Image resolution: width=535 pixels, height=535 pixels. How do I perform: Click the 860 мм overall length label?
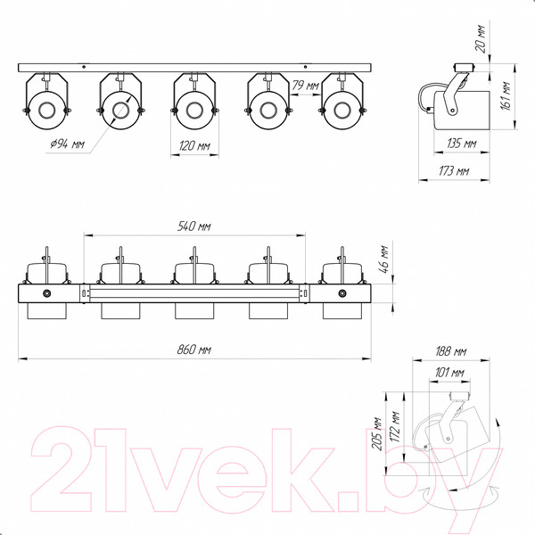(194, 350)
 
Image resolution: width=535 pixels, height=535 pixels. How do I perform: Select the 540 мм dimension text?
(194, 226)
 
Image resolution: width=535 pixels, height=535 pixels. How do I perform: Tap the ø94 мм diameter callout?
(67, 144)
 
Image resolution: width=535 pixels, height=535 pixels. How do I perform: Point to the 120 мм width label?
(194, 146)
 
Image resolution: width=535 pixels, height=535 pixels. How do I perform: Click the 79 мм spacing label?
(306, 86)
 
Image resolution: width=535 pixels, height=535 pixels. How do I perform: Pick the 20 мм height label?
(481, 39)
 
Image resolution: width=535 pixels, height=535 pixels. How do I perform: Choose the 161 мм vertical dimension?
(506, 96)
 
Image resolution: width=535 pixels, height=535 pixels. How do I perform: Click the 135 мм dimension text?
(462, 144)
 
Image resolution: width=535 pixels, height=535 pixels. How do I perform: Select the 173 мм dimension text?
(454, 170)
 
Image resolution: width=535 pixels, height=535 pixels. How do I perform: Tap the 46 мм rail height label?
(383, 259)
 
